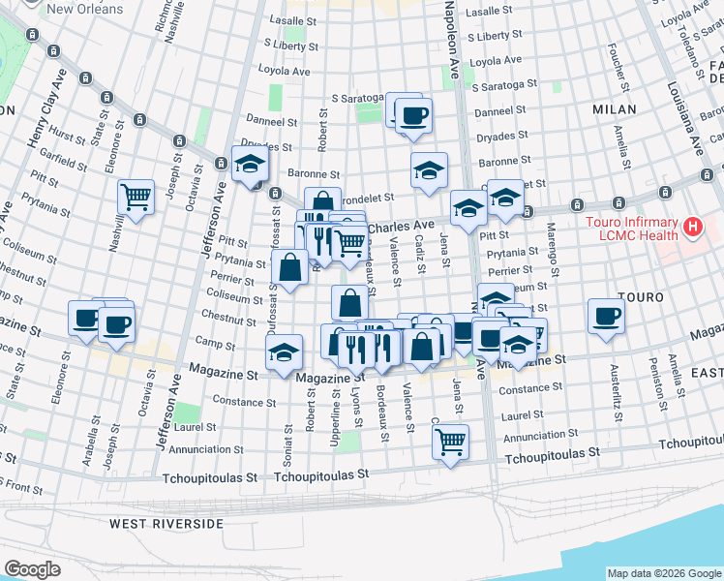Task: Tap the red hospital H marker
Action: click(x=692, y=229)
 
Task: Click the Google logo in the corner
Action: click(x=32, y=569)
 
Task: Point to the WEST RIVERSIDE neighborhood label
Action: click(x=166, y=524)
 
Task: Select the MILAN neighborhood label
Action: click(x=614, y=110)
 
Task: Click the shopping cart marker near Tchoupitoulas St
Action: click(x=450, y=442)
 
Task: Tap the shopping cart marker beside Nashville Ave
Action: click(x=136, y=197)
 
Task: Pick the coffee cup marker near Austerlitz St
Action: click(x=607, y=316)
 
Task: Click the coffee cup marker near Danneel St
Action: click(x=413, y=115)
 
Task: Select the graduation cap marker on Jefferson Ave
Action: click(x=250, y=163)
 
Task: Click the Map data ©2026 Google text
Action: click(x=664, y=572)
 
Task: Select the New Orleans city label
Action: click(x=85, y=9)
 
